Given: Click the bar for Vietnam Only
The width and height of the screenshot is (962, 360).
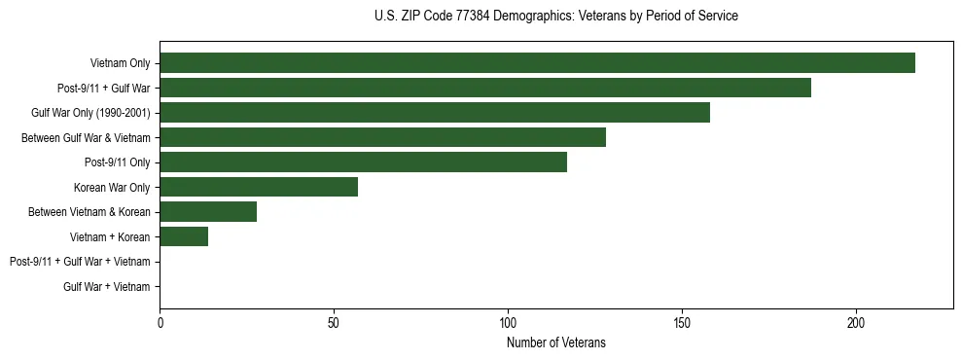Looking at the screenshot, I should coord(537,63).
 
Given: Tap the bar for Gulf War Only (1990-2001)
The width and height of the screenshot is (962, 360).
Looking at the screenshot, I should coord(434,113).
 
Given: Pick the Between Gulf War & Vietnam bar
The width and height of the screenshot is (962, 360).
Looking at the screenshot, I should coord(382,137).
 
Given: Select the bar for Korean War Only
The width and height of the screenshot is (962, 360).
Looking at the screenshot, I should coord(259,187).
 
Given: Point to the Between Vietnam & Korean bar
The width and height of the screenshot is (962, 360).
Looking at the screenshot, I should coord(208,212).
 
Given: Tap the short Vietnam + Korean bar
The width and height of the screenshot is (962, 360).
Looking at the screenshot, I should coord(184,236).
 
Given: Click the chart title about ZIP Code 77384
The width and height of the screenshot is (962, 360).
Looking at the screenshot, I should coord(555,17).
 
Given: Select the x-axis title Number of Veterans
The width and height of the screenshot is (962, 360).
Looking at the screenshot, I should coord(555,342).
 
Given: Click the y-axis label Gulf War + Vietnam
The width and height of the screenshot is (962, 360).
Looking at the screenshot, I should coord(106,287).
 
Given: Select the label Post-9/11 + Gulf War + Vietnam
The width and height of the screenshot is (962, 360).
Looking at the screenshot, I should coord(80,262).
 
